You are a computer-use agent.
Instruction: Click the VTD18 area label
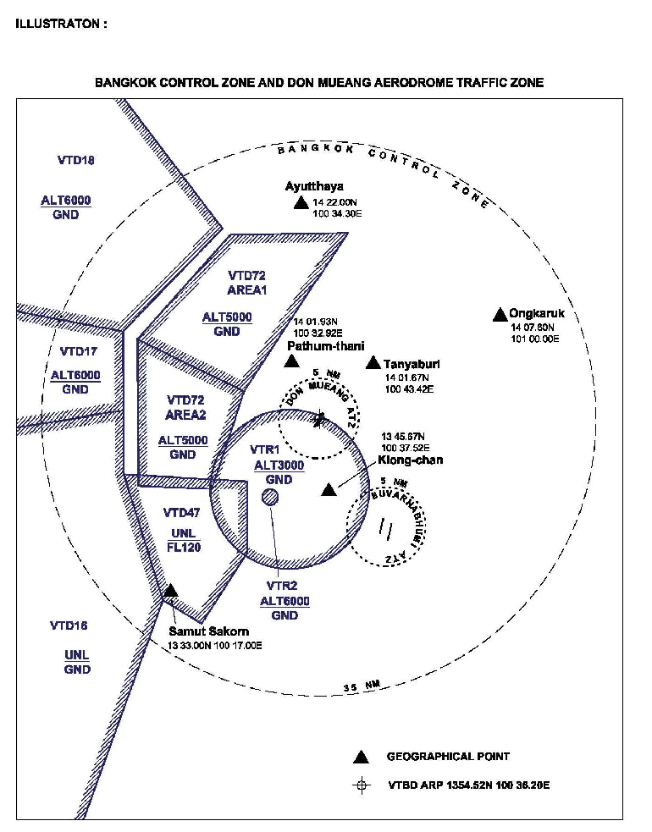point(76,160)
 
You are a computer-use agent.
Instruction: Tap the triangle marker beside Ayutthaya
point(300,203)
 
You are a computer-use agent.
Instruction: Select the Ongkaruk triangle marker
point(500,314)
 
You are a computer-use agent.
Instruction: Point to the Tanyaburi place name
point(412,364)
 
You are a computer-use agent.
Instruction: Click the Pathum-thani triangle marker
point(291,361)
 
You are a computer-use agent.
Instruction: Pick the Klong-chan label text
point(412,460)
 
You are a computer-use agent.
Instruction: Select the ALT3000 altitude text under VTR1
point(279,465)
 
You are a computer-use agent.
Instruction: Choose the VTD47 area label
point(183,512)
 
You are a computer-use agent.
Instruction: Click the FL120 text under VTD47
point(183,547)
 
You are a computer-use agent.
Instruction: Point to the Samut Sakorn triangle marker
point(170,590)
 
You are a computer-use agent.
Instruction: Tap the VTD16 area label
point(69,626)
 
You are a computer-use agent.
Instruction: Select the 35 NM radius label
point(362,686)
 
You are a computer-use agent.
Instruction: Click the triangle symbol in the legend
point(362,756)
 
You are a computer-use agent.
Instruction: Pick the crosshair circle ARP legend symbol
point(362,785)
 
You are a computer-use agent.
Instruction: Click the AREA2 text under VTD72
point(187,415)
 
